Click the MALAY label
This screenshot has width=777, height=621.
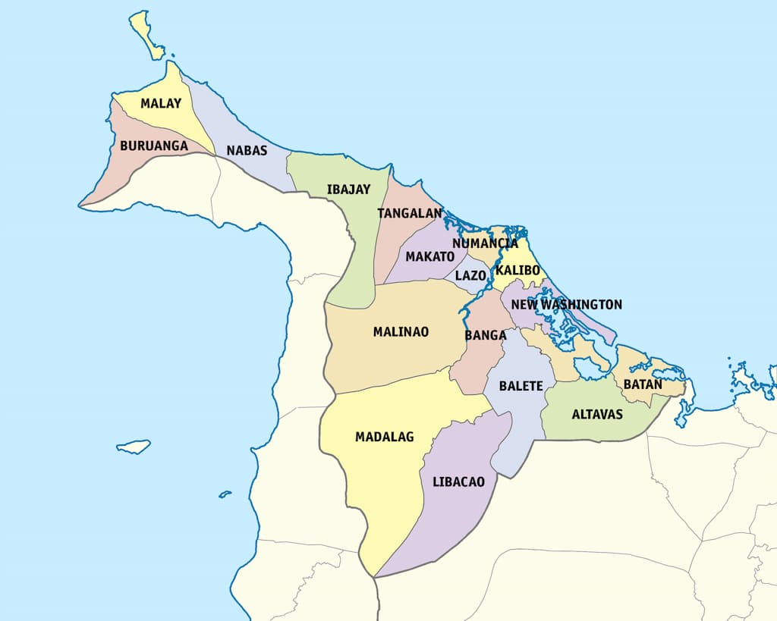pos(161,103)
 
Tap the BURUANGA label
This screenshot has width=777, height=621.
pos(153,145)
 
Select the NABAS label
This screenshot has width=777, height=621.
pos(247,151)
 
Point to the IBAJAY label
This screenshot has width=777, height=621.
pos(349,188)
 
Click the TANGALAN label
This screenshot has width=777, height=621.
pos(410,213)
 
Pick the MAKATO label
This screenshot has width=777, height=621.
pos(429,256)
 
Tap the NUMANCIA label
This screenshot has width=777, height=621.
pos(485,243)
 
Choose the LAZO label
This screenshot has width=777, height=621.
pos(470,275)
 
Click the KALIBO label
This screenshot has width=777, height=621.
pos(517,270)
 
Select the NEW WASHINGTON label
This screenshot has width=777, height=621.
pos(566,304)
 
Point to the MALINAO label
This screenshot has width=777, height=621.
pos(401,331)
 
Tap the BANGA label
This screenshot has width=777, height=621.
pos(486,334)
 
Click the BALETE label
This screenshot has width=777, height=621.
pos(521,386)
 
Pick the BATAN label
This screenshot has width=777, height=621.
pos(643,384)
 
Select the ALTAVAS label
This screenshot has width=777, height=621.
pos(597,414)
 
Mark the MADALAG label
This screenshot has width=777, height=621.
pos(384,437)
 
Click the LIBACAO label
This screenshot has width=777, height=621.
pos(458,481)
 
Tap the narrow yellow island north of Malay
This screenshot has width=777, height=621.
pos(146,34)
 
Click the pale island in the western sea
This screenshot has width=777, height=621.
pos(134,447)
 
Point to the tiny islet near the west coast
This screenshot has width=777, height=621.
pos(225,494)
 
